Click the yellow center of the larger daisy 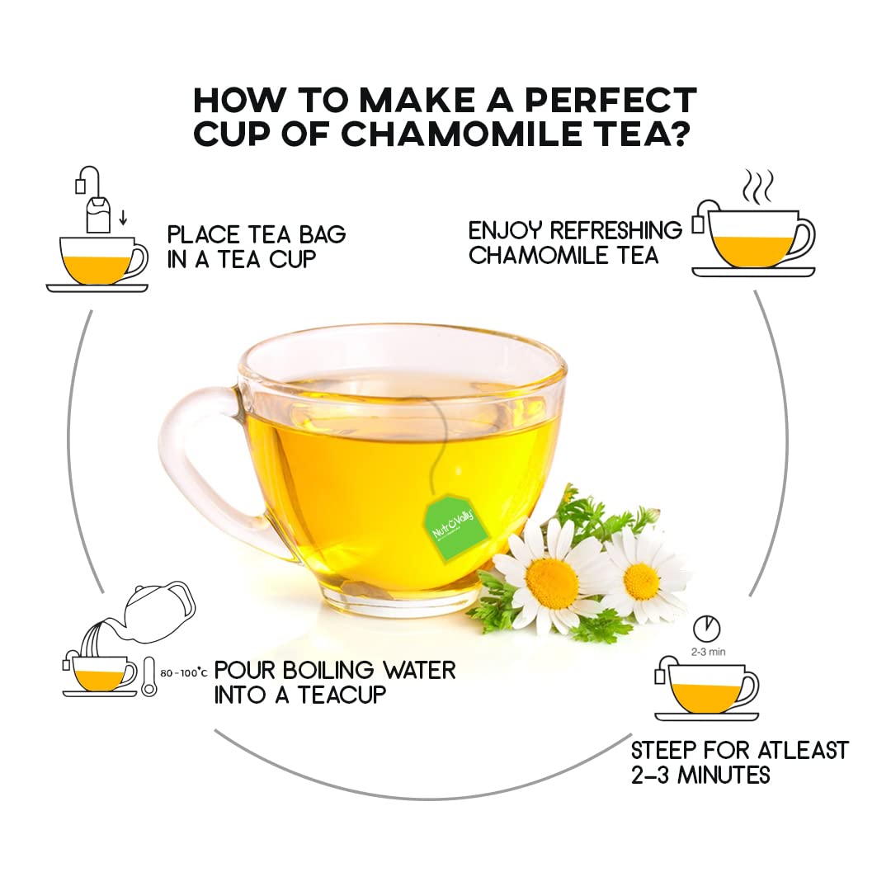point(552,580)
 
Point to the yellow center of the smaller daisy point(642,581)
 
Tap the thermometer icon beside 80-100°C point(149,676)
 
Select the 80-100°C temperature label point(183,673)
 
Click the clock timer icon point(705,629)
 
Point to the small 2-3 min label point(707,652)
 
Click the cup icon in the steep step point(709,689)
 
